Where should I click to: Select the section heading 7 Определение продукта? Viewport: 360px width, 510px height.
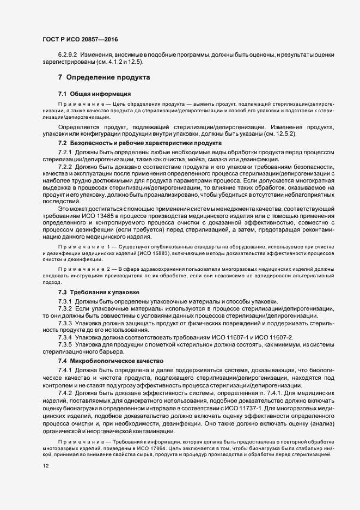tap(104, 77)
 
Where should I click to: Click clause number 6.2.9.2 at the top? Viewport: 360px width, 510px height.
tap(68, 56)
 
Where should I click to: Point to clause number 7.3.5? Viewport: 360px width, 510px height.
tap(65, 345)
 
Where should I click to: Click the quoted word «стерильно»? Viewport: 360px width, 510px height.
tap(185, 345)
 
